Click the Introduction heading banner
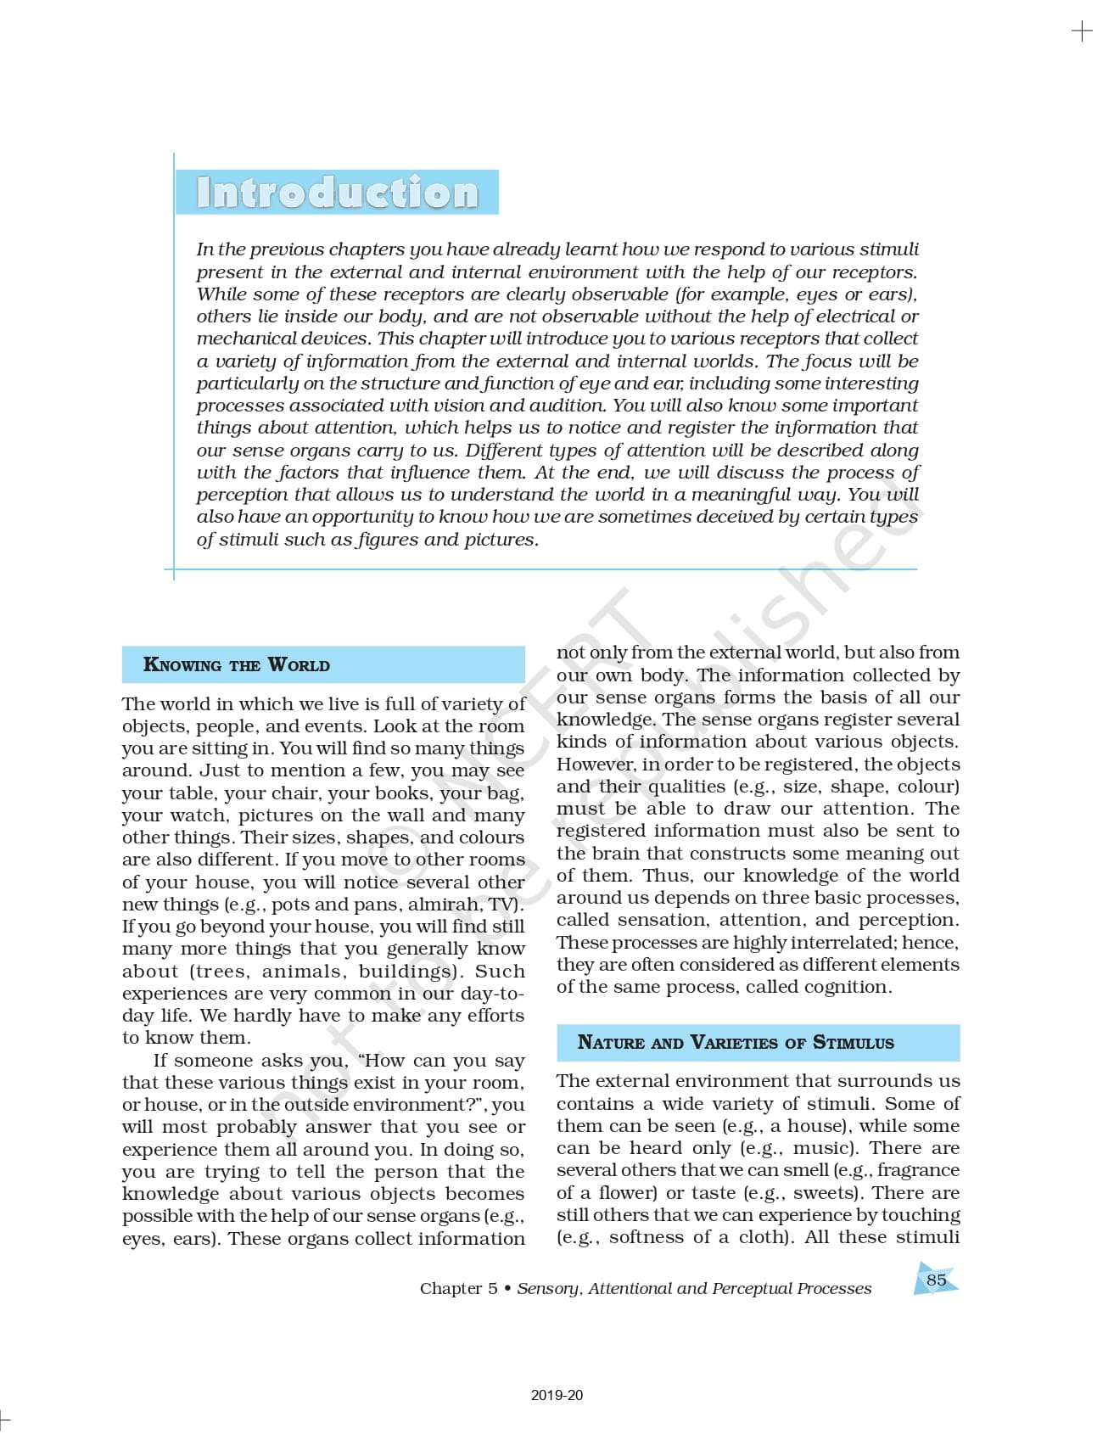(x=337, y=193)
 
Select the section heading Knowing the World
(x=237, y=665)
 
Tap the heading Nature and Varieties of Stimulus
(x=736, y=1043)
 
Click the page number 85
(x=936, y=1280)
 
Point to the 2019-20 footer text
(x=557, y=1395)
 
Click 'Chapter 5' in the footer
(x=458, y=1288)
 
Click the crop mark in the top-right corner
(x=1082, y=31)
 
